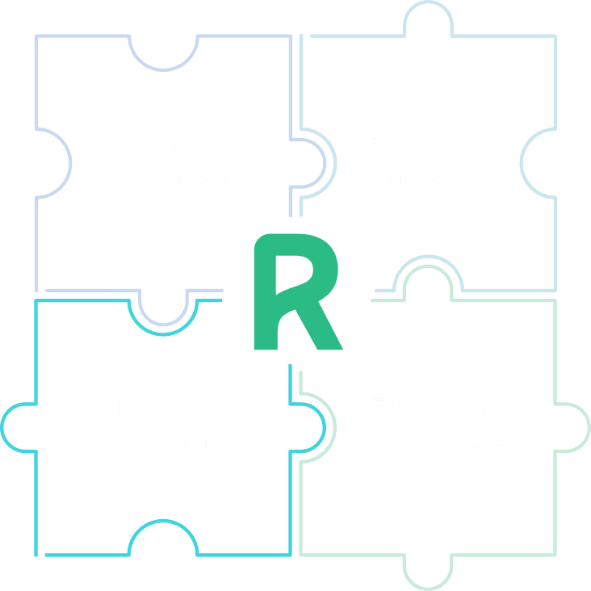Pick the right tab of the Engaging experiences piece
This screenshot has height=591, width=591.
[572, 425]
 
